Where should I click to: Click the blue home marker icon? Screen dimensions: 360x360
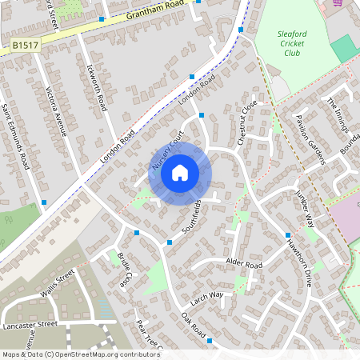(x=180, y=172)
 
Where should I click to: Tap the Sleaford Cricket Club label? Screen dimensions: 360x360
(x=293, y=48)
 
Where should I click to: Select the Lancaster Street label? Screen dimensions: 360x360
(x=29, y=325)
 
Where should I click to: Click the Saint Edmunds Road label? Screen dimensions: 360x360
(x=15, y=136)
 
